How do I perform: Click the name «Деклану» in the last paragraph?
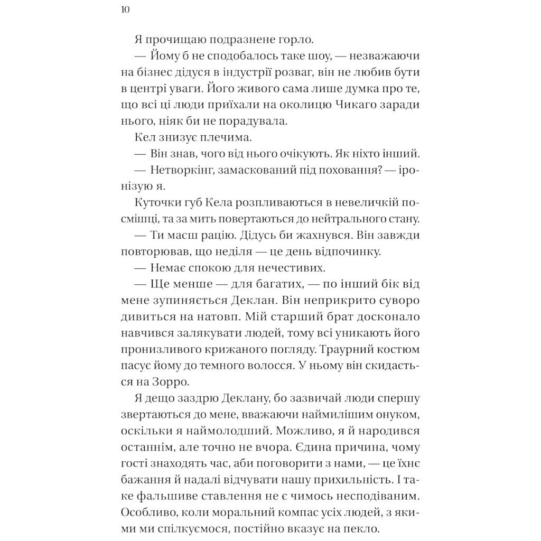[x=238, y=399]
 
